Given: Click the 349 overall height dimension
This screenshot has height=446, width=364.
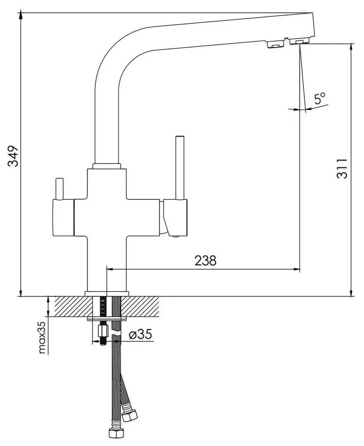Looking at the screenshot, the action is pyautogui.click(x=13, y=156).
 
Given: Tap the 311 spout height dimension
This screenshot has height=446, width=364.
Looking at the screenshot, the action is pyautogui.click(x=342, y=168).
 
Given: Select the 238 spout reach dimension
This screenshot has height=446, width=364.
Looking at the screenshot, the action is pyautogui.click(x=206, y=260).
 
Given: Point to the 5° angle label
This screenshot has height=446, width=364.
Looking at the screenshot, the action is pyautogui.click(x=320, y=98).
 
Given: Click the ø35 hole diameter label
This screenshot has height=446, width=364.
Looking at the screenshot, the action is pyautogui.click(x=140, y=334).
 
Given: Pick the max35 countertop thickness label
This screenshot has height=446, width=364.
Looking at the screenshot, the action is pyautogui.click(x=42, y=337).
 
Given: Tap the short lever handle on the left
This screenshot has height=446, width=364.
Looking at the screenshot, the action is pyautogui.click(x=59, y=189).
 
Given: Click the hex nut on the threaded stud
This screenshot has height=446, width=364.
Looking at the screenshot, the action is pyautogui.click(x=103, y=331).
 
